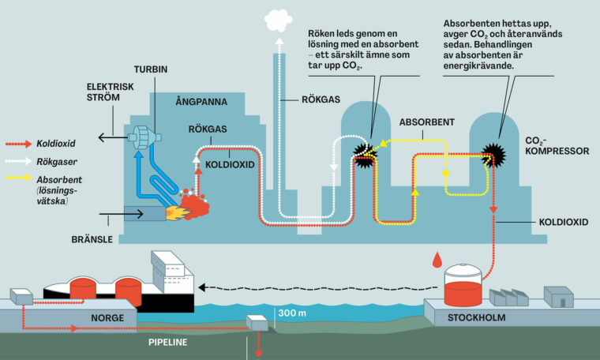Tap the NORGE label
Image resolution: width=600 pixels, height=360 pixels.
[84, 323]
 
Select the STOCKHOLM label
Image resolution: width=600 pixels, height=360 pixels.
[477, 319]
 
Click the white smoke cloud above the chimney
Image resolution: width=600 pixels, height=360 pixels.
[279, 18]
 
